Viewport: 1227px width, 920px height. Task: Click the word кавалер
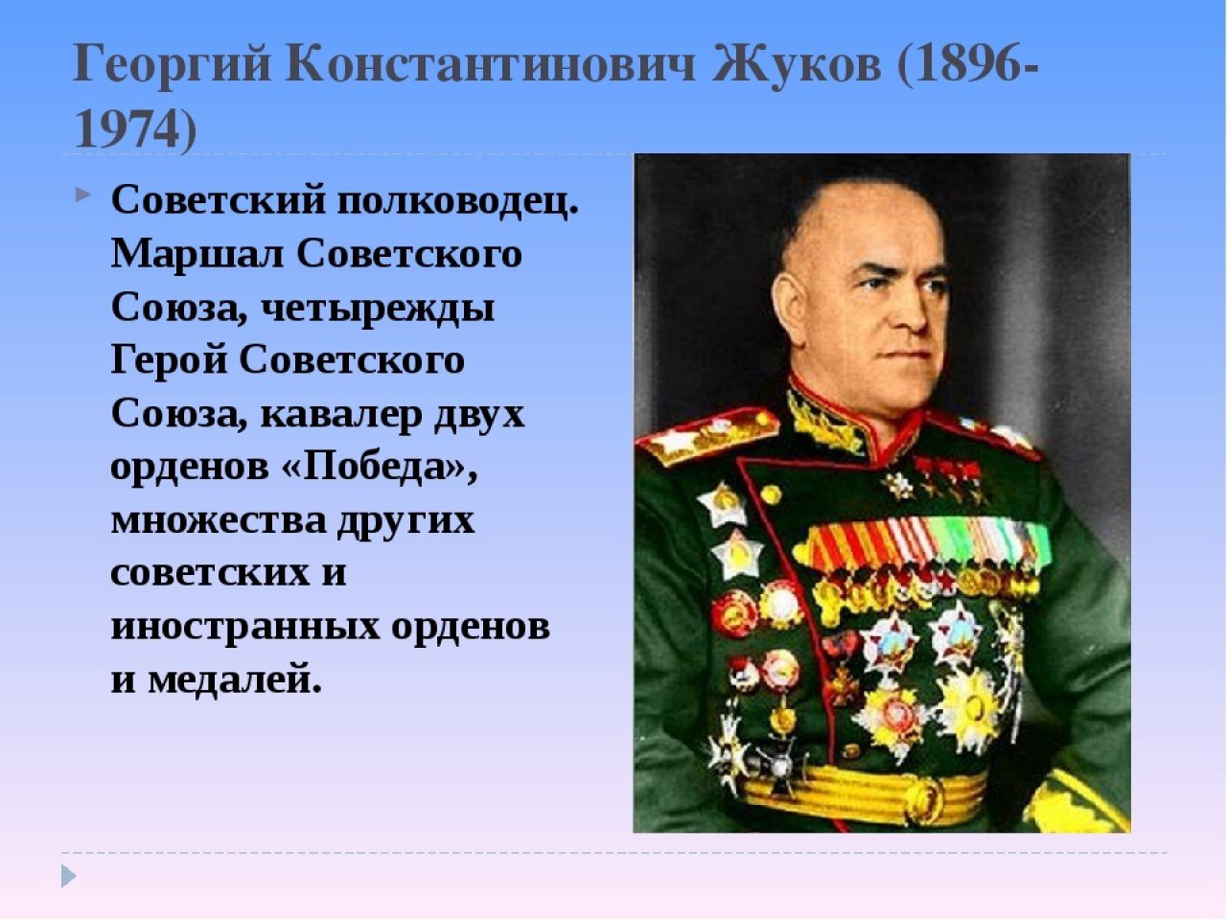click(x=340, y=414)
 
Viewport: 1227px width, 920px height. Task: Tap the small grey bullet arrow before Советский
click(x=82, y=195)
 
